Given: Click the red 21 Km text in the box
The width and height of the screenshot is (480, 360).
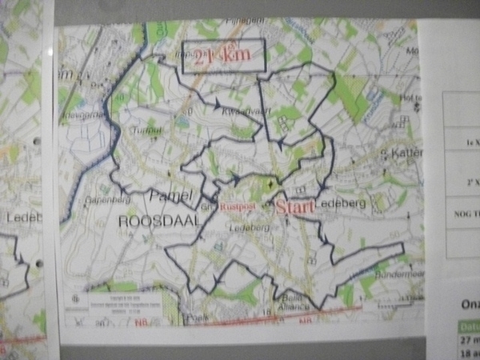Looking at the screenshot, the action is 223,56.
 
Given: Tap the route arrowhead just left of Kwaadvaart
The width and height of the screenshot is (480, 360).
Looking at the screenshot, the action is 215,104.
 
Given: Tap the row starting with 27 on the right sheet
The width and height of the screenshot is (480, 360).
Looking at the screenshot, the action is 469,338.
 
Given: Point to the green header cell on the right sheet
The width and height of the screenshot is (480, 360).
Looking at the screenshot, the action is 469,326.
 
